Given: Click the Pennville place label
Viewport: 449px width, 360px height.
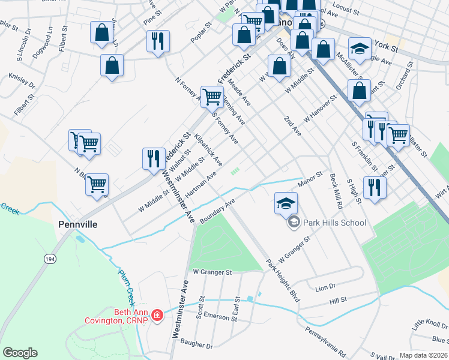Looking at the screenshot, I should (x=78, y=224).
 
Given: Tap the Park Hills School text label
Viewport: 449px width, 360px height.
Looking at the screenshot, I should (x=334, y=223).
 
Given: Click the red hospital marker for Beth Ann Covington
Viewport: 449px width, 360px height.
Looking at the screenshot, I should (x=157, y=315).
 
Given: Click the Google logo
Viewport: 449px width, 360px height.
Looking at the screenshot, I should (x=20, y=353).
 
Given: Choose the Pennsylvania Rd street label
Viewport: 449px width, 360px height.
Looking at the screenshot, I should (x=325, y=341).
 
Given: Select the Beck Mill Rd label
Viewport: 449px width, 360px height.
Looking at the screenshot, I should (x=336, y=191).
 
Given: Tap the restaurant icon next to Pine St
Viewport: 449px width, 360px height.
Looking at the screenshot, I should (x=158, y=41).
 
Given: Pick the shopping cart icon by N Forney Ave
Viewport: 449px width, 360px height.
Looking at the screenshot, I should (x=212, y=96).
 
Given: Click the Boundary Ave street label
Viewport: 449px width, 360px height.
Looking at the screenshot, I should (x=217, y=212).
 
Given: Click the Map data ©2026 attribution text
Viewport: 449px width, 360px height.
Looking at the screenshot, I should (x=423, y=355).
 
